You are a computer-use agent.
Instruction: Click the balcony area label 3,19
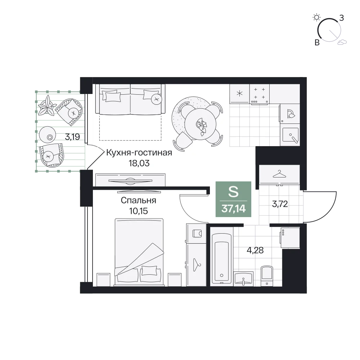[x=72, y=137]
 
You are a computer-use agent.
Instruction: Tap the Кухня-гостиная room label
[x=139, y=153]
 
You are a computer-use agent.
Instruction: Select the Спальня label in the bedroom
[x=139, y=201]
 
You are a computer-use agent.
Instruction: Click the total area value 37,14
[x=234, y=209]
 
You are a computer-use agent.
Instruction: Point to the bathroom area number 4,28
[x=255, y=250]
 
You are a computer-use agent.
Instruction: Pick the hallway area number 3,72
[x=280, y=204]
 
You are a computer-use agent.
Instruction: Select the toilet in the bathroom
[x=267, y=276]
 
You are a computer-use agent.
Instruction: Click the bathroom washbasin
[x=243, y=279]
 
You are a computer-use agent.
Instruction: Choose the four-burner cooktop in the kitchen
[x=260, y=94]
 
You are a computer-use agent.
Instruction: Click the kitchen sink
[x=290, y=135]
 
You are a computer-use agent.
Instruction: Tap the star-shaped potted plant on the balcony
[x=47, y=105]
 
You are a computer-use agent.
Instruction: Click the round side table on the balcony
[x=48, y=135]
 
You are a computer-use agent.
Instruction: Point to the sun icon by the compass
[x=316, y=17]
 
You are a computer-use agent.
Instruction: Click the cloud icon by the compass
[x=342, y=42]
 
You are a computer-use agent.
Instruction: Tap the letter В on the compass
[x=317, y=42]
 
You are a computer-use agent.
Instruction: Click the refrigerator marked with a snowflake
[x=239, y=94]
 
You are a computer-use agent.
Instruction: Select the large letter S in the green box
[x=233, y=192]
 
